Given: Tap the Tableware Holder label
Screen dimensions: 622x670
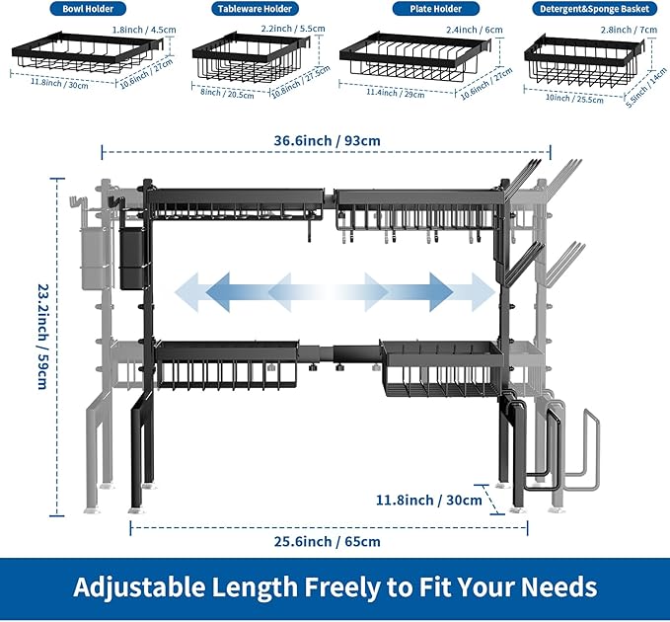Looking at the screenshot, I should click(x=251, y=9).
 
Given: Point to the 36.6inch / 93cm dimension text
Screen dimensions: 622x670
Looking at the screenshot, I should click(x=327, y=140).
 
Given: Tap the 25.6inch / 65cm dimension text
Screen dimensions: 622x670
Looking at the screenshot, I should click(x=329, y=541).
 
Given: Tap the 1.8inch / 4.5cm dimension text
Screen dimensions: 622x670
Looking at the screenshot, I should click(x=143, y=29).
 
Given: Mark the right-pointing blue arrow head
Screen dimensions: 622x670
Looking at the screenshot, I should click(x=482, y=292).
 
